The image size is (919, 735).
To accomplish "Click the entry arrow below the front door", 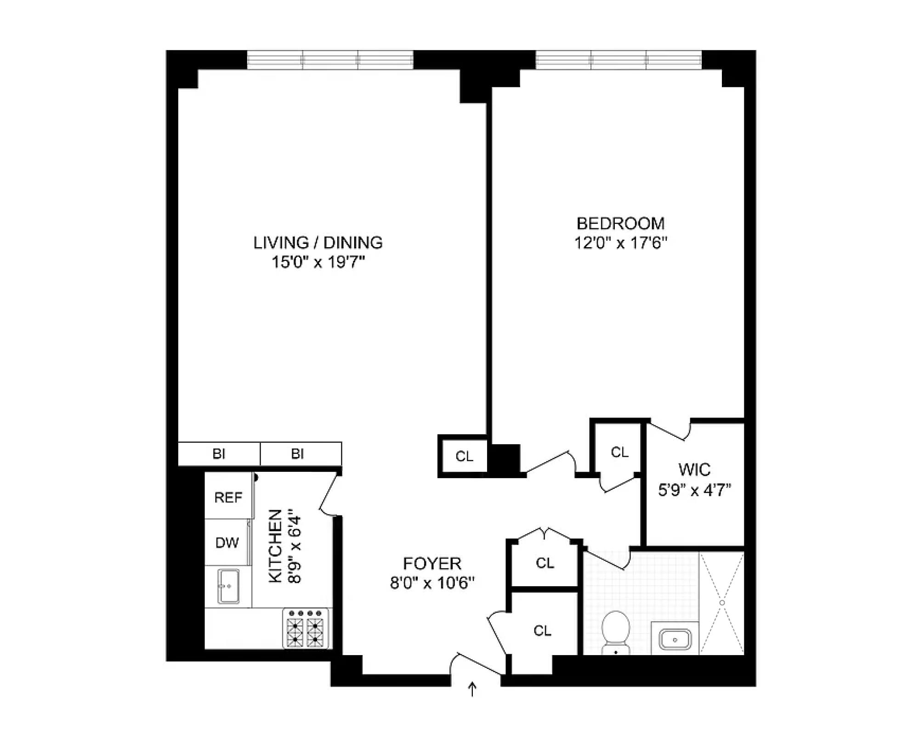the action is tap(472, 690).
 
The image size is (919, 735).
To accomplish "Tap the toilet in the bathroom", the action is tap(616, 632).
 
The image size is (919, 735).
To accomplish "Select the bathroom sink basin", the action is tap(675, 639).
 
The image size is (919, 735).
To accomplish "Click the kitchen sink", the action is tap(228, 586).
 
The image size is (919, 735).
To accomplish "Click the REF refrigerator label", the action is tap(228, 498).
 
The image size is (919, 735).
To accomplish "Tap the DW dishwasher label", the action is tap(227, 543).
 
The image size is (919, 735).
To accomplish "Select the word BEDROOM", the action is tap(620, 224).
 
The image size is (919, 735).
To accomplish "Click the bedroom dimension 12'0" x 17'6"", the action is tap(620, 243).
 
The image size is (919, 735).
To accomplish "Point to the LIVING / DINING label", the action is tap(318, 243).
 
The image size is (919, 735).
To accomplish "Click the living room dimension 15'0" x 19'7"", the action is tap(318, 262).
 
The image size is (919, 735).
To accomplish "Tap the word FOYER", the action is tap(432, 564).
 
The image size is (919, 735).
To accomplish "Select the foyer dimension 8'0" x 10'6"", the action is tap(432, 583).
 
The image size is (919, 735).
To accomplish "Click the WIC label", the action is tap(694, 470).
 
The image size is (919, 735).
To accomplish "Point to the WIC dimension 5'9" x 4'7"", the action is tap(694, 490).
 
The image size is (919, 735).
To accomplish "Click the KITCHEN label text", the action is tap(275, 546).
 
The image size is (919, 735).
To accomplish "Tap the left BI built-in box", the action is tap(219, 454).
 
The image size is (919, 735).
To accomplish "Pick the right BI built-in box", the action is tap(301, 454).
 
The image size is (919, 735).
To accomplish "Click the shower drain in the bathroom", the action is tap(722, 603).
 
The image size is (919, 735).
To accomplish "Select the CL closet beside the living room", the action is tap(464, 456).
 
